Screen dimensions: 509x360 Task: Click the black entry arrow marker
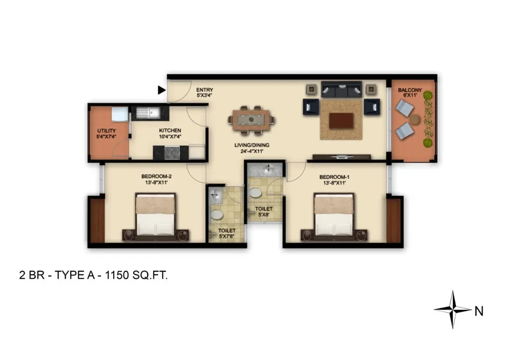coord(162,90)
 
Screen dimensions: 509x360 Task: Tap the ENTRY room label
coord(204,90)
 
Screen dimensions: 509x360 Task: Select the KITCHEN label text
coord(170,130)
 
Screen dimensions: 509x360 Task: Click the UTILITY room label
coord(106,131)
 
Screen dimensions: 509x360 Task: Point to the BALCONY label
coord(410,90)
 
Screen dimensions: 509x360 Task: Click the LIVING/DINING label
coord(252,145)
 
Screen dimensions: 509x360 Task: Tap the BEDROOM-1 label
coord(335,177)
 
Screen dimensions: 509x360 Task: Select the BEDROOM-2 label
coord(157,176)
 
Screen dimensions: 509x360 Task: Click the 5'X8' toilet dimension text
coord(263,215)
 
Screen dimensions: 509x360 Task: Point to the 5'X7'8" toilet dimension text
coord(227,236)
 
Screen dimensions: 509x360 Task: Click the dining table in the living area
coord(251,120)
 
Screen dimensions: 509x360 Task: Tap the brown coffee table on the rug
coord(341,120)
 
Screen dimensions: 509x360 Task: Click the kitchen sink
coord(148,113)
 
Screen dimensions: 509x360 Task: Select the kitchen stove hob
coord(172,152)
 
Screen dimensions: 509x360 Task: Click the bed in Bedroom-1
coord(334,215)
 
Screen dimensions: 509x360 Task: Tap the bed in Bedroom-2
coord(156,215)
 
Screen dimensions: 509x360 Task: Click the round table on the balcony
coord(415,119)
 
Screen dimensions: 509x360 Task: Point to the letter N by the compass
coord(479,311)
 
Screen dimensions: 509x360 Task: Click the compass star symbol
coord(452,310)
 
